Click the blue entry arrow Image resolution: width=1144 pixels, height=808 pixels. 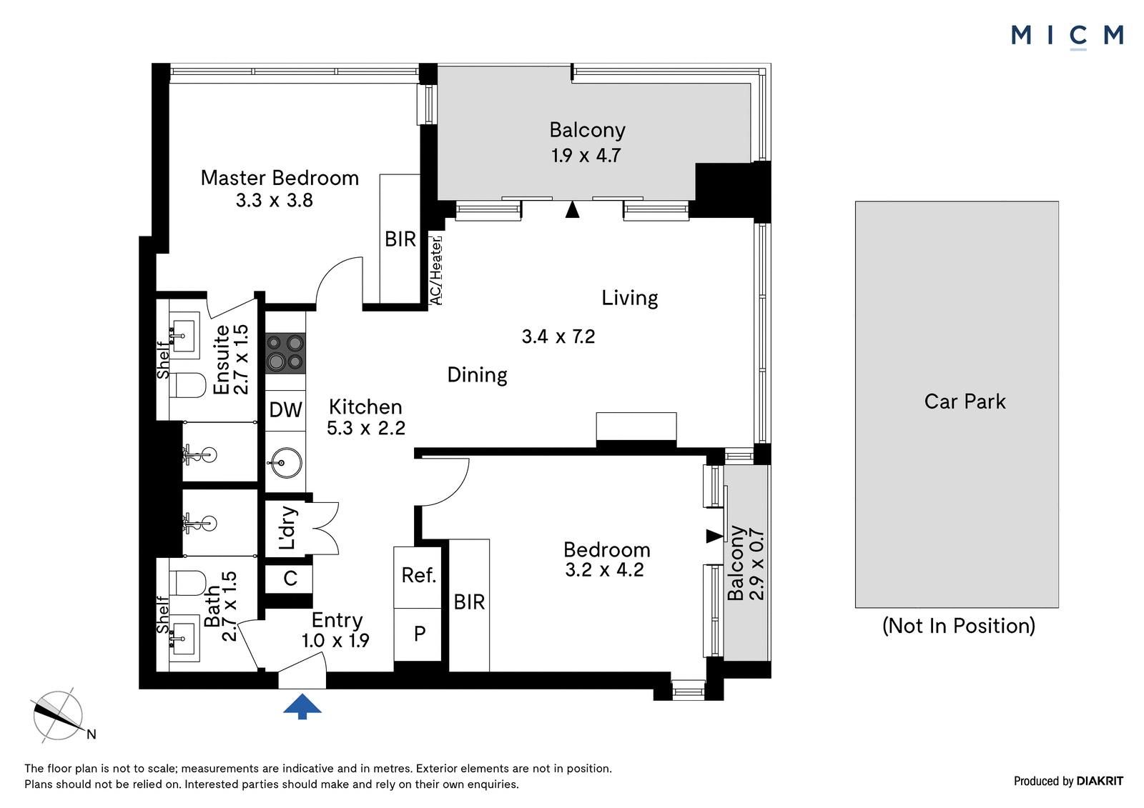tap(302, 706)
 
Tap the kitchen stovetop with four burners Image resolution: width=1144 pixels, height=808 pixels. tap(285, 353)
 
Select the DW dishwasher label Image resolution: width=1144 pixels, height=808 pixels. tap(285, 410)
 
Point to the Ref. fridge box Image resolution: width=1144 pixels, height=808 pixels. tap(418, 577)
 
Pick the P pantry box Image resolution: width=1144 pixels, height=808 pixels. tap(418, 634)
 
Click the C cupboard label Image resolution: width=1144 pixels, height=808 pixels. tap(290, 578)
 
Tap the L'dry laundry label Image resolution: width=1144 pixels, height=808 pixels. tap(287, 528)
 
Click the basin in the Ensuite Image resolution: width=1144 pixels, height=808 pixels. tap(184, 336)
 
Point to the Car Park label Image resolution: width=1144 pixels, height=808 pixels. tap(965, 401)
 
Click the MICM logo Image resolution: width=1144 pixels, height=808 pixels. tap(1067, 36)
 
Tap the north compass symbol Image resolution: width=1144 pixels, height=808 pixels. tap(60, 714)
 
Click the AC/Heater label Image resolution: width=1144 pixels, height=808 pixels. tap(436, 271)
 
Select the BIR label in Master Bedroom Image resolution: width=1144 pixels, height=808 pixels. tap(400, 239)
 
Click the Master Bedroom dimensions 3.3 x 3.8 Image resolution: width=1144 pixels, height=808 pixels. tap(275, 200)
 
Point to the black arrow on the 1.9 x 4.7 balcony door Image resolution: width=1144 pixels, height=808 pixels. tap(573, 210)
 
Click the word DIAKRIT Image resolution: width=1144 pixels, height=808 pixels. tap(1100, 781)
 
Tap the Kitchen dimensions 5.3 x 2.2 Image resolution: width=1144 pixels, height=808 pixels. tap(365, 428)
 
